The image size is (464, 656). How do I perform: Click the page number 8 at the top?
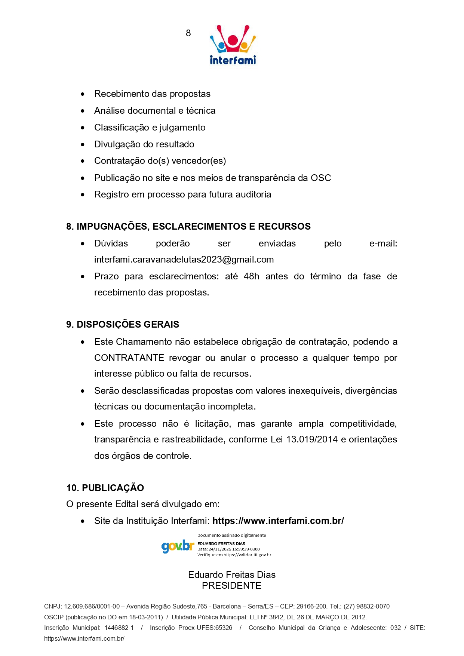pyautogui.click(x=188, y=33)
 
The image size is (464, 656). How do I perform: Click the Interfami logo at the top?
pyautogui.click(x=233, y=45)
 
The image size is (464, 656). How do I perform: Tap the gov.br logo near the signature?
pyautogui.click(x=178, y=546)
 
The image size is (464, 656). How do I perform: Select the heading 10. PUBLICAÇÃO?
pyautogui.click(x=105, y=488)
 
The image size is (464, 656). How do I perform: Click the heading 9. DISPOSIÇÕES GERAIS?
pyautogui.click(x=123, y=324)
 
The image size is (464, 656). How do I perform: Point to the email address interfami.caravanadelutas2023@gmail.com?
pyautogui.click(x=184, y=260)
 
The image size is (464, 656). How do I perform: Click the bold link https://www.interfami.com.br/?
pyautogui.click(x=278, y=521)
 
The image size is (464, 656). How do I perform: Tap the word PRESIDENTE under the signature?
pyautogui.click(x=231, y=585)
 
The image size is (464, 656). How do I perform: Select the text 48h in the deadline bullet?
pyautogui.click(x=251, y=276)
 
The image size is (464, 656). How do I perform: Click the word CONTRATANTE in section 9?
pyautogui.click(x=129, y=358)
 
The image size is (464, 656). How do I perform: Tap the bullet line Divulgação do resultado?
pyautogui.click(x=144, y=144)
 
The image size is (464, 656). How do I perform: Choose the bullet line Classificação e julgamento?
pyautogui.click(x=150, y=128)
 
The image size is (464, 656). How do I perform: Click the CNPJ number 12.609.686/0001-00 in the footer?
pyautogui.click(x=92, y=606)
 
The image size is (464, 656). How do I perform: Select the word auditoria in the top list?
pyautogui.click(x=253, y=194)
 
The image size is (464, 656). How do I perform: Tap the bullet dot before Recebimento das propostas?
pyautogui.click(x=83, y=94)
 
